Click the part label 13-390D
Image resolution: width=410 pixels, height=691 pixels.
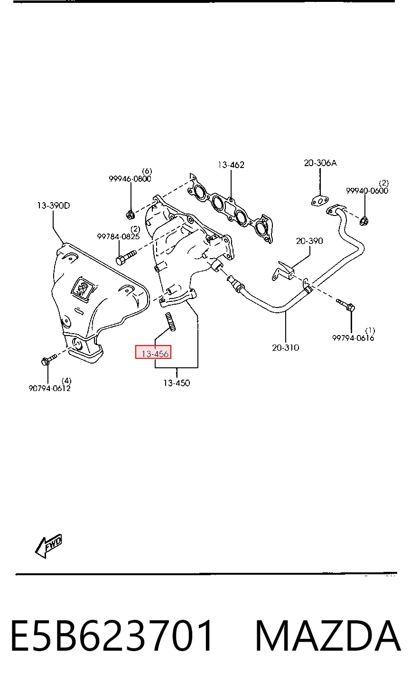(x=53, y=205)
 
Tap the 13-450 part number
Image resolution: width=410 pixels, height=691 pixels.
(x=177, y=383)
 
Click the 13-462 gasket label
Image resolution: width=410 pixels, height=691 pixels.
(x=231, y=165)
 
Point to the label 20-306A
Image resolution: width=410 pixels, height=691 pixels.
(x=320, y=163)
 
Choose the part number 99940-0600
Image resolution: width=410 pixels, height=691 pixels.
(x=367, y=191)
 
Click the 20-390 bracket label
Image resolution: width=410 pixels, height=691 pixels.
(x=309, y=241)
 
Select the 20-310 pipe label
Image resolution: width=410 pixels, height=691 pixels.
(x=285, y=348)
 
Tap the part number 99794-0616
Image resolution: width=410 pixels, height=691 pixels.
(x=353, y=338)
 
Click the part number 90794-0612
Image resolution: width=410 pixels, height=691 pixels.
(x=49, y=388)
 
